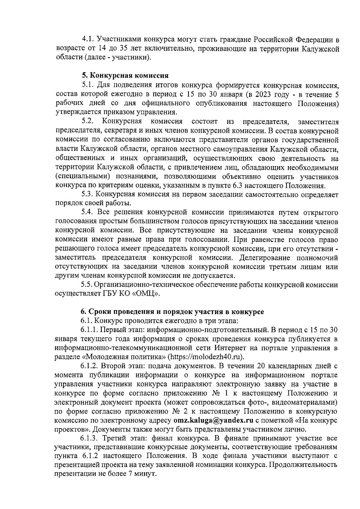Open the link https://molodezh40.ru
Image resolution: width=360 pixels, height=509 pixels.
[205, 357]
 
